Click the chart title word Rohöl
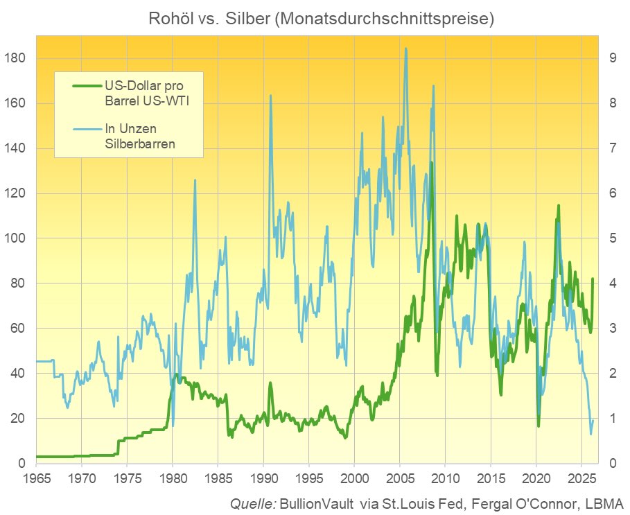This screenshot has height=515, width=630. [168, 19]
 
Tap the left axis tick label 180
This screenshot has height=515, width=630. [16, 58]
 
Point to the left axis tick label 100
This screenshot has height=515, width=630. [16, 238]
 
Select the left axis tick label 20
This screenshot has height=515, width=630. [19, 419]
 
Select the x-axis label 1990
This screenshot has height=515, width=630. [263, 478]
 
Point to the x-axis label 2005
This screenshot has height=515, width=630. [400, 478]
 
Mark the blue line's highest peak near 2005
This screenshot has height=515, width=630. [405, 49]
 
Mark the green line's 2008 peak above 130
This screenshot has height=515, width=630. [431, 163]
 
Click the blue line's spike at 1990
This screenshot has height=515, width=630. [270, 96]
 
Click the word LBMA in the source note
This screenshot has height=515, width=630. [605, 503]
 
